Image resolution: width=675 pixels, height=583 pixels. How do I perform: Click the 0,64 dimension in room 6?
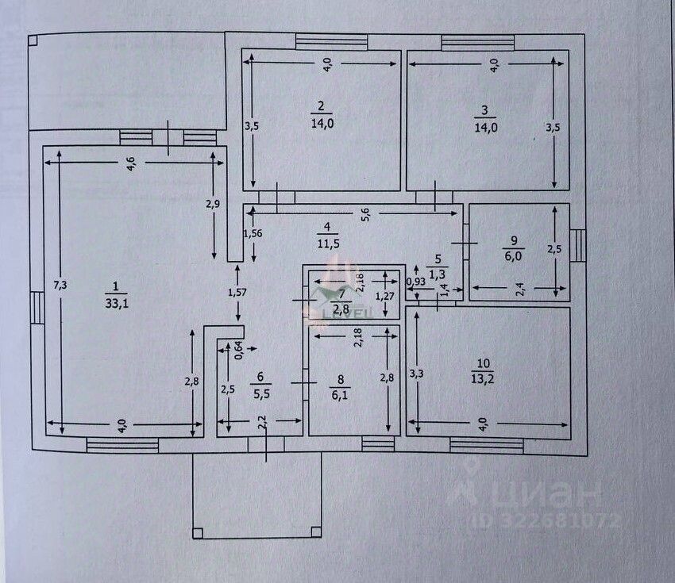tap(236, 349)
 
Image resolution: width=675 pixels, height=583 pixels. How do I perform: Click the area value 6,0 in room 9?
tap(514, 255)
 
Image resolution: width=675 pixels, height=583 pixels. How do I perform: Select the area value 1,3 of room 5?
tap(438, 274)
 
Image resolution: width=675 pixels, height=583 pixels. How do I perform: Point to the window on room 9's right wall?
tap(578, 244)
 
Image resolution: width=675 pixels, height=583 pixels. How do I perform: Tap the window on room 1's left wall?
tap(36, 307)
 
